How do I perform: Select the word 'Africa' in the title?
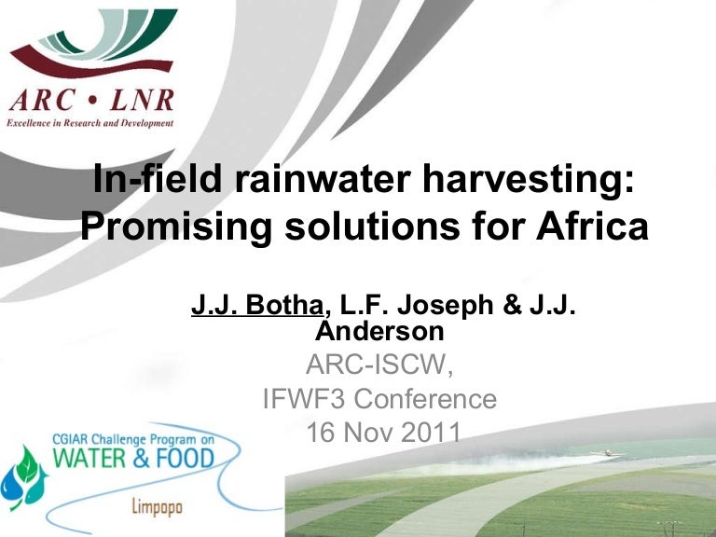coord(578,226)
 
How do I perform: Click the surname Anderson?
coord(379,329)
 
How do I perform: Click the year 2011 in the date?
coord(429,433)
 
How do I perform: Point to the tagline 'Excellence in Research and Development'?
coord(89,122)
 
